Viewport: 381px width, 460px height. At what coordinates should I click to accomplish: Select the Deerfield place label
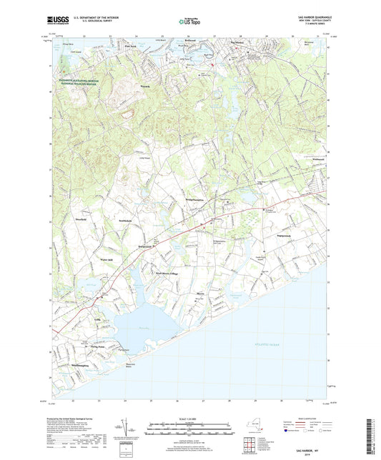click(79, 220)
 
